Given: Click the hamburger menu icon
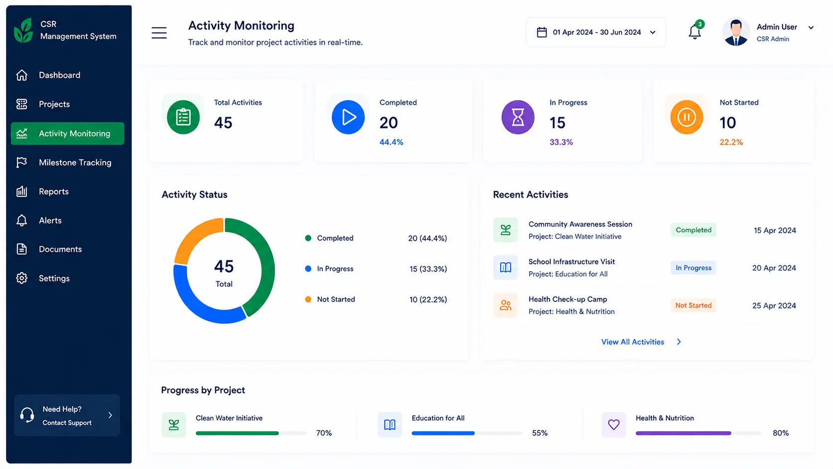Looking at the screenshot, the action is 159,33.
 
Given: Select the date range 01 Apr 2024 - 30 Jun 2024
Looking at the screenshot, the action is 596,32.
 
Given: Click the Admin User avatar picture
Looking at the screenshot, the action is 735,32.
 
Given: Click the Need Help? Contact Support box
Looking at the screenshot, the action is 67,415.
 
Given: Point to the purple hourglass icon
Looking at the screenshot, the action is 518,117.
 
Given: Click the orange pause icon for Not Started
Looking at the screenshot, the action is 687,117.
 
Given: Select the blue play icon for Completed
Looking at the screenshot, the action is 348,117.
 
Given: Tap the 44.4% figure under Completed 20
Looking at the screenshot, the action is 391,142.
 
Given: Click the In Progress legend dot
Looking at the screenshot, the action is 308,269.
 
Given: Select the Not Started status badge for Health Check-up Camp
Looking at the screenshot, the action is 693,306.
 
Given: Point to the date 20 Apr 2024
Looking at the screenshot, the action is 774,268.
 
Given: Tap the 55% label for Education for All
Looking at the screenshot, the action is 540,433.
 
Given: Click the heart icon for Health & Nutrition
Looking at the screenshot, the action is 614,424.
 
